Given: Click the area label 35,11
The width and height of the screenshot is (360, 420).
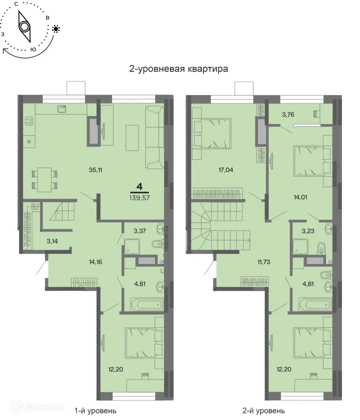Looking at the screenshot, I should click(82, 169).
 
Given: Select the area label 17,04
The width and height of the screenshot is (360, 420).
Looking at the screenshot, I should click(212, 169).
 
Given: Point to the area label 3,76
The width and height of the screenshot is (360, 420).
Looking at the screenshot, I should click(287, 114).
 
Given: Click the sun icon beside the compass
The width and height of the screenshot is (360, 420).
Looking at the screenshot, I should click(56, 28).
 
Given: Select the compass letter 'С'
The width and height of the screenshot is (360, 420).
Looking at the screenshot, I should click(16, 4).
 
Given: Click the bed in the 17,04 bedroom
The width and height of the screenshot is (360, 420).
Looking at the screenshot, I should click(212, 132).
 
